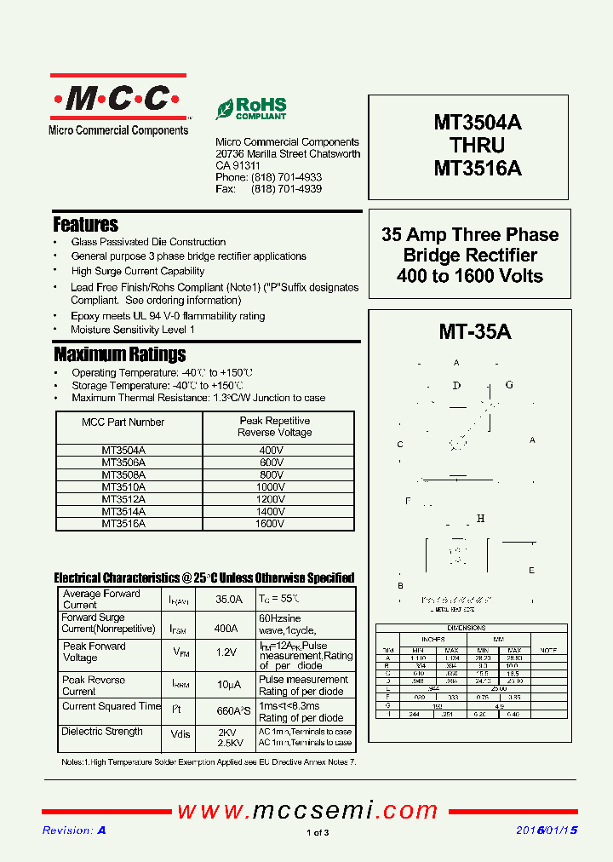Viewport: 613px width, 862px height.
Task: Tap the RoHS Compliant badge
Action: [x=251, y=108]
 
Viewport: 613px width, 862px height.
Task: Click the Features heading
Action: [x=85, y=225]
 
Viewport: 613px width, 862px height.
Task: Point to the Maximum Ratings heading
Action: [x=119, y=354]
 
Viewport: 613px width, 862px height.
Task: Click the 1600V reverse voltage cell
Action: [x=269, y=524]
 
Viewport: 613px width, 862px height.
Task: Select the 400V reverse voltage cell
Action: [x=271, y=450]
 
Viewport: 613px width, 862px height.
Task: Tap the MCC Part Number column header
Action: [x=123, y=422]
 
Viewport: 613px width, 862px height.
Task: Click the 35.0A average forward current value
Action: [x=228, y=600]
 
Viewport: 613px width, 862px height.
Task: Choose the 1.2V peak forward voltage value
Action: [x=226, y=652]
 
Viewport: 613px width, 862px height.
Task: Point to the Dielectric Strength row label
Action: [x=102, y=732]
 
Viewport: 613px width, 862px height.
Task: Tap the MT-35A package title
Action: [x=475, y=331]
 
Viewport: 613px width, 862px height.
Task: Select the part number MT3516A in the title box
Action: [x=478, y=169]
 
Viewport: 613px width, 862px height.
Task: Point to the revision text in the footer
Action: [x=74, y=830]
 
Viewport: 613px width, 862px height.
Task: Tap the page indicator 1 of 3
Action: [x=317, y=833]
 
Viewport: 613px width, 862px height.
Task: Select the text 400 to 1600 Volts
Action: [x=470, y=275]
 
